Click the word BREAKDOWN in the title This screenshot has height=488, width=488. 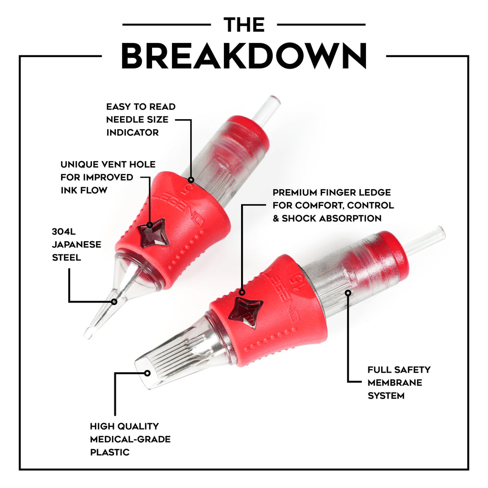244,56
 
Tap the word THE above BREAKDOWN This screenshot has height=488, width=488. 244,24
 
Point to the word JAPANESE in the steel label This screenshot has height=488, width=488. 76,244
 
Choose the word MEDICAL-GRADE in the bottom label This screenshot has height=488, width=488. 130,439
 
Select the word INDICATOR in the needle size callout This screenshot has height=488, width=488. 132,132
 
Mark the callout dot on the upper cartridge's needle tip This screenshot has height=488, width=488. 114,301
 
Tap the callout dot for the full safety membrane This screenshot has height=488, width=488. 348,293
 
